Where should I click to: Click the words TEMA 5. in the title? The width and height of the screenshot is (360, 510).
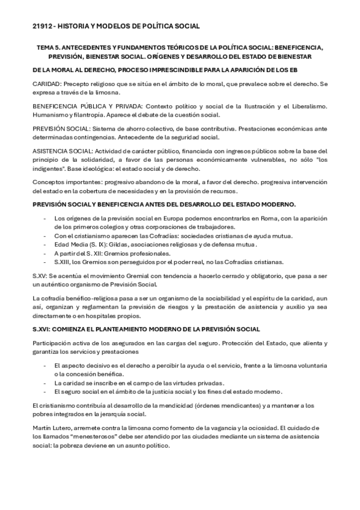pos(50,46)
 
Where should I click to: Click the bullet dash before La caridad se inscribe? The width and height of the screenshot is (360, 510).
pos(46,382)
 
